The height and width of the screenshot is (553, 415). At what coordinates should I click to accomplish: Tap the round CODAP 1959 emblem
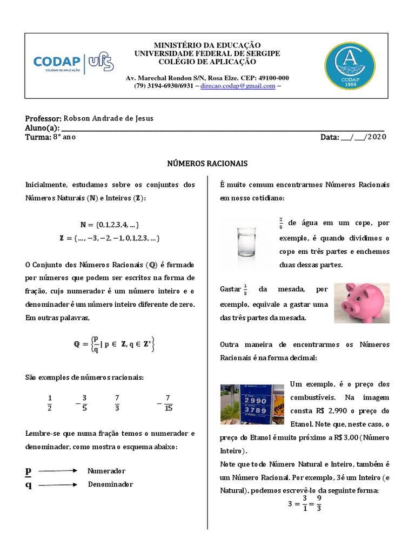[x=350, y=66]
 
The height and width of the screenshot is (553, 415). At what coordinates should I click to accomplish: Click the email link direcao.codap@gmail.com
[x=238, y=86]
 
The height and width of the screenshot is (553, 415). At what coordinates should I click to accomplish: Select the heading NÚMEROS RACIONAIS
[x=207, y=163]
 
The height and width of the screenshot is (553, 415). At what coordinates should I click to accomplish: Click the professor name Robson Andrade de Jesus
[x=108, y=119]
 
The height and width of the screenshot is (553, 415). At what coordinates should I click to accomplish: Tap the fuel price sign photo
[x=252, y=404]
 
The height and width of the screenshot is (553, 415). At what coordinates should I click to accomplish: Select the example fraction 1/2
[x=50, y=403]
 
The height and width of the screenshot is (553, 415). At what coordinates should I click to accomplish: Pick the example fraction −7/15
[x=165, y=403]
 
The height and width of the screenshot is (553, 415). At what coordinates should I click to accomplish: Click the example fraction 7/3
[x=117, y=403]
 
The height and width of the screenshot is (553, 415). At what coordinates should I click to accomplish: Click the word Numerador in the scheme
[x=106, y=471]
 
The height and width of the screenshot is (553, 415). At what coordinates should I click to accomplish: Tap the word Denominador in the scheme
[x=110, y=484]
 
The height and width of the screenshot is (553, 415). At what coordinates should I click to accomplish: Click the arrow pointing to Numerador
[x=58, y=471]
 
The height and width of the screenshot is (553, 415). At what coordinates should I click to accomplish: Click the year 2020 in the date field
[x=377, y=137]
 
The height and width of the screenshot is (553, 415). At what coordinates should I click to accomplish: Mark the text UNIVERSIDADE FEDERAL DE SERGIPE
[x=207, y=53]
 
